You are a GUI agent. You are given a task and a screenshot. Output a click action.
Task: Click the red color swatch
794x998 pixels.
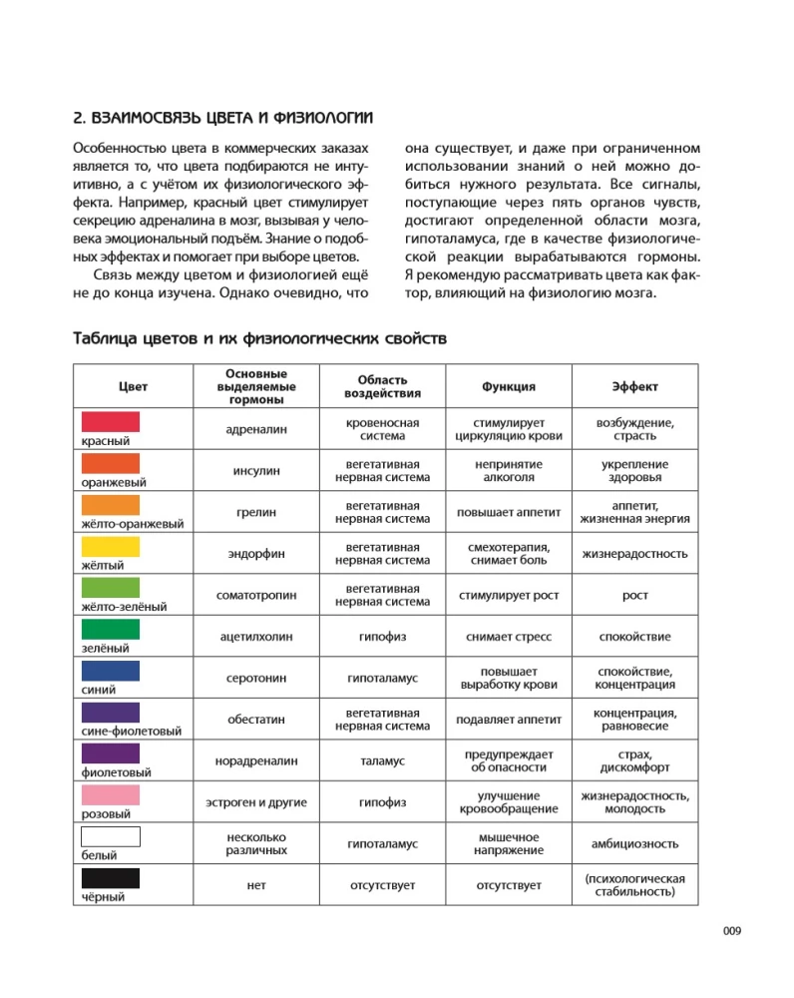click(x=110, y=421)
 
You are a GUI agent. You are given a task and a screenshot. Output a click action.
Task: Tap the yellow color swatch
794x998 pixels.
click(x=110, y=546)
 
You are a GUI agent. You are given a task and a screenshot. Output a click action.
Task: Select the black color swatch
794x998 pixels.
click(x=110, y=878)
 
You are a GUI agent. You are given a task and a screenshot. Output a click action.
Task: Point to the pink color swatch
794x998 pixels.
click(x=110, y=795)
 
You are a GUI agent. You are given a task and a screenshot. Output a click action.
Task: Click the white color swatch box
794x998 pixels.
click(x=110, y=836)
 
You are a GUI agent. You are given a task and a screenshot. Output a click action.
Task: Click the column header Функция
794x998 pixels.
click(x=509, y=386)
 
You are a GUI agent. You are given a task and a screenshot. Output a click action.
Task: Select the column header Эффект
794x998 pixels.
click(x=634, y=386)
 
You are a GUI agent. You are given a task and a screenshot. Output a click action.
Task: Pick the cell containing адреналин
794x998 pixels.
click(x=256, y=429)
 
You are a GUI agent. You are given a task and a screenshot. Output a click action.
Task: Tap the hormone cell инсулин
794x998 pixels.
click(x=256, y=470)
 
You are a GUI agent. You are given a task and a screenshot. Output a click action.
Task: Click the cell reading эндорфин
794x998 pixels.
click(x=256, y=554)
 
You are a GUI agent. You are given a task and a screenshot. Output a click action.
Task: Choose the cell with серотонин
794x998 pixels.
click(x=256, y=678)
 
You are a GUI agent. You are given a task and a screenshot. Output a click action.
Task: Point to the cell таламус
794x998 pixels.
click(x=382, y=760)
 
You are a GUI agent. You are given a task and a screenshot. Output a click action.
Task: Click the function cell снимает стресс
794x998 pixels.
click(x=509, y=636)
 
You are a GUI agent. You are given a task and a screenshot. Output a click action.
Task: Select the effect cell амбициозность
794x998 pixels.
click(x=634, y=843)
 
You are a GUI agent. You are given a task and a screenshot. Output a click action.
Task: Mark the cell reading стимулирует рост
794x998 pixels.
click(x=509, y=595)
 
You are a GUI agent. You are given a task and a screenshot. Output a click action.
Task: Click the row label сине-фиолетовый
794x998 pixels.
click(x=116, y=732)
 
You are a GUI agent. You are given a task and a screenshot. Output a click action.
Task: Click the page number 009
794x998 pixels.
click(x=732, y=932)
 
